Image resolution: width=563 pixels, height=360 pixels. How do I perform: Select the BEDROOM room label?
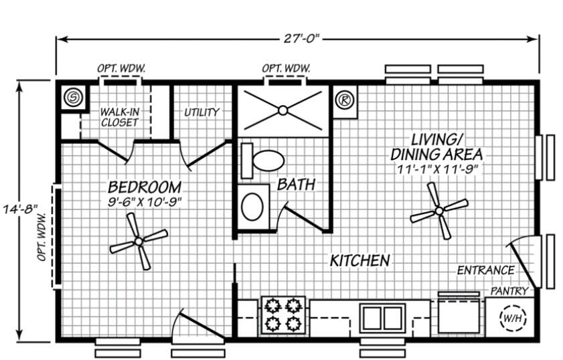click(145, 186)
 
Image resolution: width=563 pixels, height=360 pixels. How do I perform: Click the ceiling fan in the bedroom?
click(138, 241)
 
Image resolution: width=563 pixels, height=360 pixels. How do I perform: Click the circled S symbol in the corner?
click(72, 98)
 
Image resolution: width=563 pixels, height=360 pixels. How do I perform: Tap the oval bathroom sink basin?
click(252, 207)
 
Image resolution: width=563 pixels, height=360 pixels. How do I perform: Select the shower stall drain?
click(283, 110)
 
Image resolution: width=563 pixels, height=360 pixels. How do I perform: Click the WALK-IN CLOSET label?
click(119, 117)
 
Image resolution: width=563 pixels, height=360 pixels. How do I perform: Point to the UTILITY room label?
click(202, 112)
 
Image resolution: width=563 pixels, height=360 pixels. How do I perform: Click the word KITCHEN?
click(359, 260)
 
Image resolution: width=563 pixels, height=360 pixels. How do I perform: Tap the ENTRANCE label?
click(485, 270)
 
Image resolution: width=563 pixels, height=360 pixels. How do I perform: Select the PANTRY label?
click(510, 291)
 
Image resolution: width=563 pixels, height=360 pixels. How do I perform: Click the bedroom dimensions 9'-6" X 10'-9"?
click(145, 200)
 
